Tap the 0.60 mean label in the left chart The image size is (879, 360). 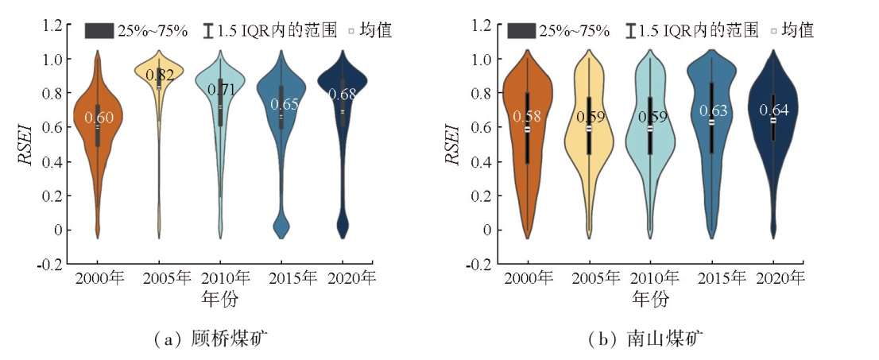tap(99, 118)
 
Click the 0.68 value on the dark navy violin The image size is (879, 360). tap(343, 95)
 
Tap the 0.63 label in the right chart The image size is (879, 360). tap(711, 110)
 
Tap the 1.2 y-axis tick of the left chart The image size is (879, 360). tap(52, 25)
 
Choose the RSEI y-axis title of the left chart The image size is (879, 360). tap(25, 143)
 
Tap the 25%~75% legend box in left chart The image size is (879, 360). tap(101, 31)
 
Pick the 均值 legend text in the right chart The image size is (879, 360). tap(797, 31)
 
